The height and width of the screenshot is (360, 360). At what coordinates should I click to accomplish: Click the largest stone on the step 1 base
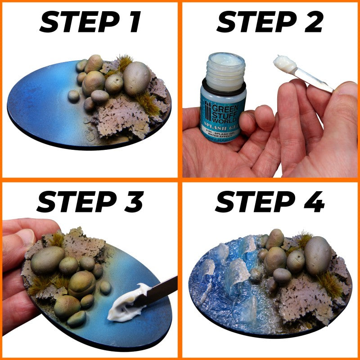click(137, 78)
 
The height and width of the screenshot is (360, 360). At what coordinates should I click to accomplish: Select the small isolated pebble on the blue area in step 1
click(73, 95)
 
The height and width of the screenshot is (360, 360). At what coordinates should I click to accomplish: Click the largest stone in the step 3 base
click(47, 261)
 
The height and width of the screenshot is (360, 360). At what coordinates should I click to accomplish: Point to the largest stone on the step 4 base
click(318, 255)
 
